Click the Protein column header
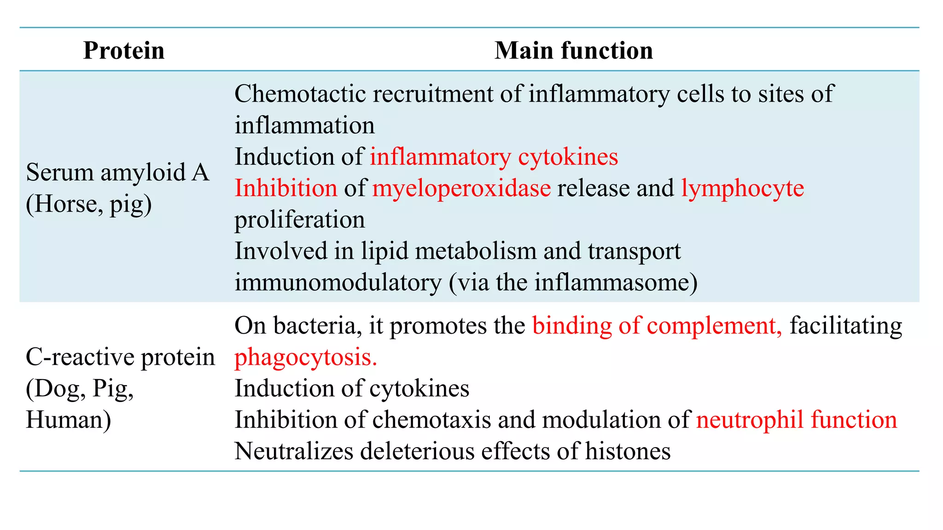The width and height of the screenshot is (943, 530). [x=123, y=50]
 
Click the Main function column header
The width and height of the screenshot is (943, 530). [x=573, y=50]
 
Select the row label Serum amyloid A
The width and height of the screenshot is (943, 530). [x=117, y=173]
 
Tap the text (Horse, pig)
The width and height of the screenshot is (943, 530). [x=88, y=204]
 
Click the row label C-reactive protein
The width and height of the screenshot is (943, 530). [x=120, y=357]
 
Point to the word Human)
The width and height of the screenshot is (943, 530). [x=68, y=420]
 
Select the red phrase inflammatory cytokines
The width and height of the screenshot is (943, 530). [x=494, y=157]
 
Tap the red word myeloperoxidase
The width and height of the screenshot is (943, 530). [x=461, y=188]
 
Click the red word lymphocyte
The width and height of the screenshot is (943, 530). [x=742, y=188]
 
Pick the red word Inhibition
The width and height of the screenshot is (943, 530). [x=286, y=188]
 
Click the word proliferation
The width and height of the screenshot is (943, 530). [x=300, y=219]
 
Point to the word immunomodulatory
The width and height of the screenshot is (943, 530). [x=338, y=282]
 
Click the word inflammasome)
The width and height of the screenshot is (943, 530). [x=616, y=282]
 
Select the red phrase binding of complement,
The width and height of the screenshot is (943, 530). [x=657, y=326]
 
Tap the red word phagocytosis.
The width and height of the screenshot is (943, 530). [x=306, y=357]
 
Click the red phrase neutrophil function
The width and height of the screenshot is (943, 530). [x=796, y=420]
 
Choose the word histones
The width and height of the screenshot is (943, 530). [x=628, y=451]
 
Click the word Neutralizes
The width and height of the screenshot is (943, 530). [x=293, y=451]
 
